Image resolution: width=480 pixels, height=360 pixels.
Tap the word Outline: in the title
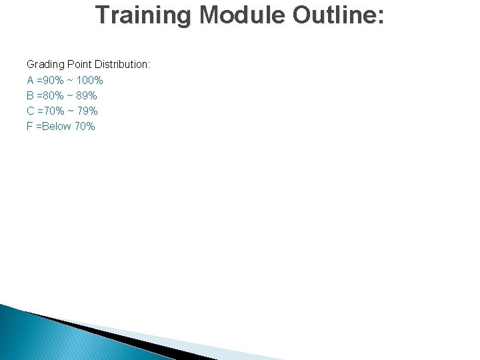point(339,15)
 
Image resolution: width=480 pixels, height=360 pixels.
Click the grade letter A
point(31,80)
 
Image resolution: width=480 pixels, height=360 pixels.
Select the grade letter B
point(31,95)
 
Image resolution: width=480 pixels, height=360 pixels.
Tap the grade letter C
point(31,111)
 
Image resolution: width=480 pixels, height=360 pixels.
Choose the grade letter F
point(30,126)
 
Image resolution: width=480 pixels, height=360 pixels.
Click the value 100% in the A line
point(90,80)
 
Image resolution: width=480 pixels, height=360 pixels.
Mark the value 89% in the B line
point(86,95)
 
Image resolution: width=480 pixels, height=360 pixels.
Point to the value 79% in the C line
point(87,111)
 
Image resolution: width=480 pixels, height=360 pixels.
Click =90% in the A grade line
point(51,80)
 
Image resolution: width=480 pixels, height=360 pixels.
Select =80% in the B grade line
point(51,95)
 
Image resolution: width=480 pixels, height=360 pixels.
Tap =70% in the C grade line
point(51,111)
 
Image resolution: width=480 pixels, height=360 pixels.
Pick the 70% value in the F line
point(85,126)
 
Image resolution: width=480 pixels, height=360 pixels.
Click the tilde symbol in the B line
point(70,95)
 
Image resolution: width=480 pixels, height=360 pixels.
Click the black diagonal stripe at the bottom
point(100,333)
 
